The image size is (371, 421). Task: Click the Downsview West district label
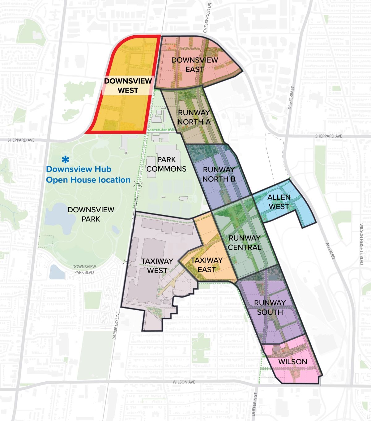128,86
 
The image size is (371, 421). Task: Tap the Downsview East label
194,64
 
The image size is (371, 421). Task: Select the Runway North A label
194,117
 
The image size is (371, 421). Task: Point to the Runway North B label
219,174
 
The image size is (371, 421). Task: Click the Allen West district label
279,202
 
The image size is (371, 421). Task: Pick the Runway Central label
244,243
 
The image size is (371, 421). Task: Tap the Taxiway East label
207,265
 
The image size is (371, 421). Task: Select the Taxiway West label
157,266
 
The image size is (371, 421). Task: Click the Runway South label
270,307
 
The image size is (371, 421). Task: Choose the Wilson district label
292,362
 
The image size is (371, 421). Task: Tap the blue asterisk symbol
65,160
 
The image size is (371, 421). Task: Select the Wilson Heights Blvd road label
361,239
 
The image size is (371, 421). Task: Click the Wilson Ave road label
184,382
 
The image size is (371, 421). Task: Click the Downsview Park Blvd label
84,270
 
